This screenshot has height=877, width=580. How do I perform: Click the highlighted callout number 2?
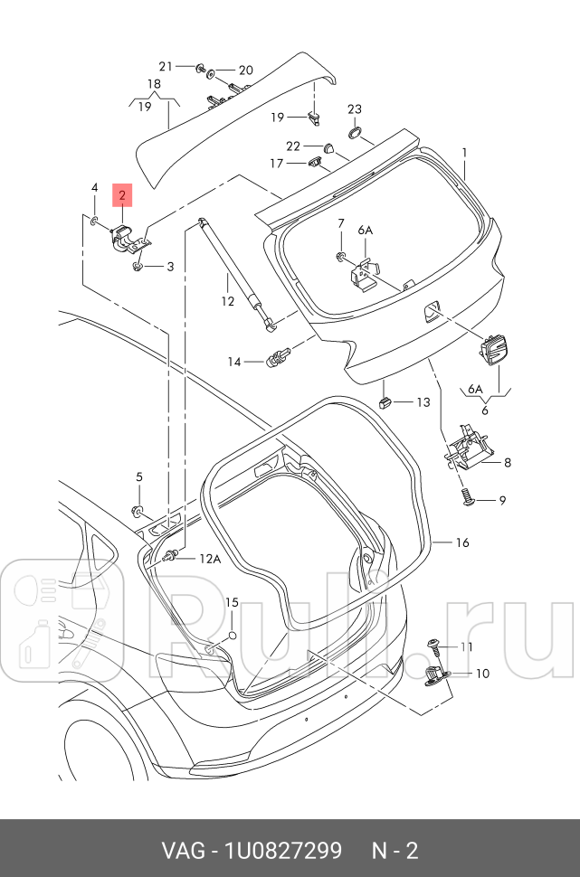(121, 194)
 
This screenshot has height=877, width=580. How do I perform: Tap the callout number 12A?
(210, 560)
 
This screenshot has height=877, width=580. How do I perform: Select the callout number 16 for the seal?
(462, 542)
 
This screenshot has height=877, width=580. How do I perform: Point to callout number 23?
(355, 109)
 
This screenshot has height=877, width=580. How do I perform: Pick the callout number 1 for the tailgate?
(464, 152)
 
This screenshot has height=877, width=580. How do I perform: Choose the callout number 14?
(234, 362)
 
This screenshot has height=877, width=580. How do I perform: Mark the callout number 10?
(481, 674)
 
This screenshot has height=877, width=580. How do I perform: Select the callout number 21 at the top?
(165, 66)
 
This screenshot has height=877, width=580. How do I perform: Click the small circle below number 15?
(232, 636)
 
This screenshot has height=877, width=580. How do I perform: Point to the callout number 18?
(155, 83)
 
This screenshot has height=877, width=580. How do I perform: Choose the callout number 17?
(276, 163)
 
